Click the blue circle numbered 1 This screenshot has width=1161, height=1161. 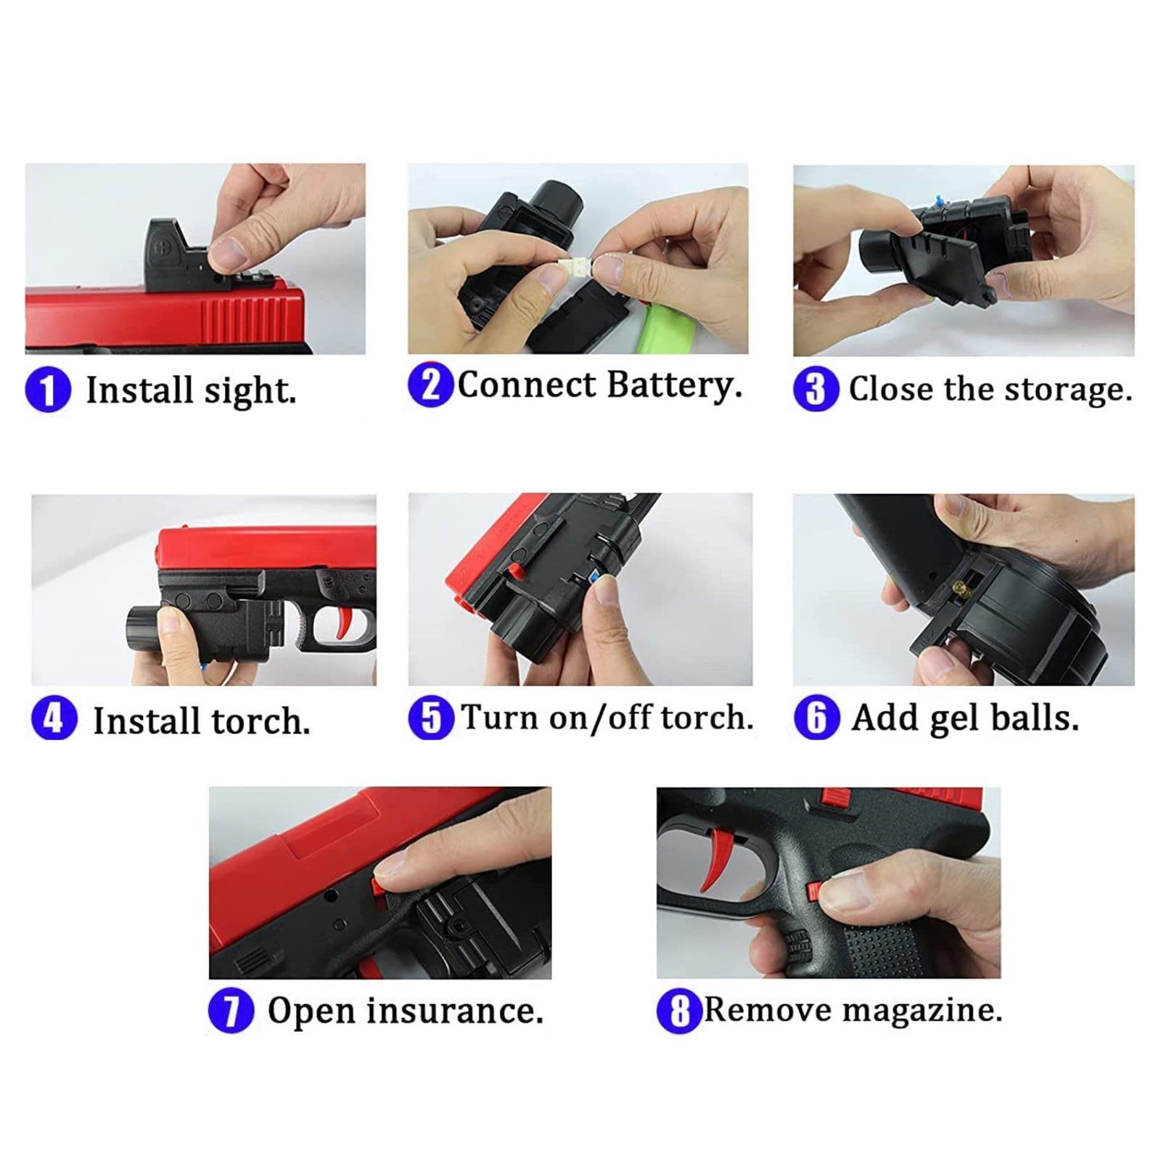tap(48, 390)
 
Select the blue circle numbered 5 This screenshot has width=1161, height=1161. tap(431, 718)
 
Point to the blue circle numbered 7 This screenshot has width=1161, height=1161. tap(231, 1010)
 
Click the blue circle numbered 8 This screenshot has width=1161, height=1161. tap(679, 1010)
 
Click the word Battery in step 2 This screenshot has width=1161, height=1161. tap(674, 385)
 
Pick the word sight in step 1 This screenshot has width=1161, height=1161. tap(250, 390)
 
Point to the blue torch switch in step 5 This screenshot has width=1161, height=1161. tap(595, 578)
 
